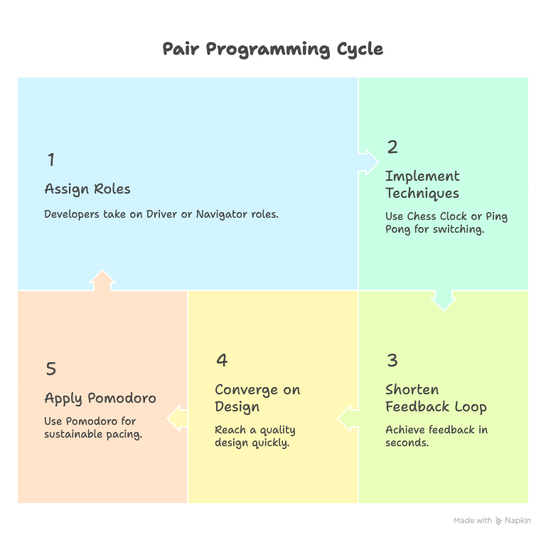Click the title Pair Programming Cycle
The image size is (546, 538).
tap(272, 49)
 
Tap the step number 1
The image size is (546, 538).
tap(51, 159)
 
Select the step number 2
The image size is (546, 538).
tap(392, 147)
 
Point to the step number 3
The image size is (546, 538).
tap(392, 360)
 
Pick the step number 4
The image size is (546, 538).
tap(222, 360)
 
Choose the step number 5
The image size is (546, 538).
tap(50, 369)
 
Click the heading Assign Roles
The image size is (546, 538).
tap(87, 189)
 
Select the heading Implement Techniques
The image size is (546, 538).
tap(422, 184)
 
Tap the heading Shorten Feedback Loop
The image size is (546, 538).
tap(436, 398)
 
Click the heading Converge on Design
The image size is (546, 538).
tap(257, 398)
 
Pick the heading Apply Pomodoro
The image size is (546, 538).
tap(100, 398)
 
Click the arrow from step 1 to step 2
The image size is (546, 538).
tap(368, 162)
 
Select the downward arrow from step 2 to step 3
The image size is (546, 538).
tap(444, 300)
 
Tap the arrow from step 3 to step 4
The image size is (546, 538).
tap(348, 418)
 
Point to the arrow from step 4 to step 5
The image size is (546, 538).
tap(177, 418)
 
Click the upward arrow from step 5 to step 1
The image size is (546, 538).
tap(102, 280)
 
